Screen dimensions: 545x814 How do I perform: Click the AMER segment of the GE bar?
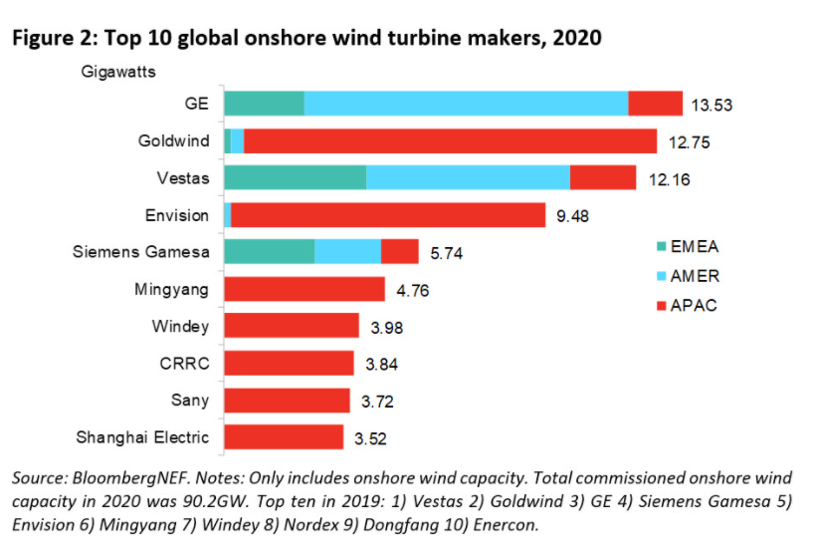(466, 104)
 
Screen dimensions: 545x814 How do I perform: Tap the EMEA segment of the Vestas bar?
(296, 177)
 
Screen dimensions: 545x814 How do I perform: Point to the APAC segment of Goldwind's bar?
(450, 140)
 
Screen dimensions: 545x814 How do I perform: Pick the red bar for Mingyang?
(305, 289)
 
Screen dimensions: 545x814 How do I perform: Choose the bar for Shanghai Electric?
(284, 436)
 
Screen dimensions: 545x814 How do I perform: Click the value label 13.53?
(712, 106)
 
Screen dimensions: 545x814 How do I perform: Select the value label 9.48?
(574, 215)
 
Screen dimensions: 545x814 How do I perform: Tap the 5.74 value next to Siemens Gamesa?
(448, 253)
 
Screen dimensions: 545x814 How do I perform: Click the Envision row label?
(177, 214)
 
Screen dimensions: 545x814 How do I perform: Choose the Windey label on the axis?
(180, 326)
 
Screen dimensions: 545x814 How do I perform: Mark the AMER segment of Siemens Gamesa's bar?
(347, 251)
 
